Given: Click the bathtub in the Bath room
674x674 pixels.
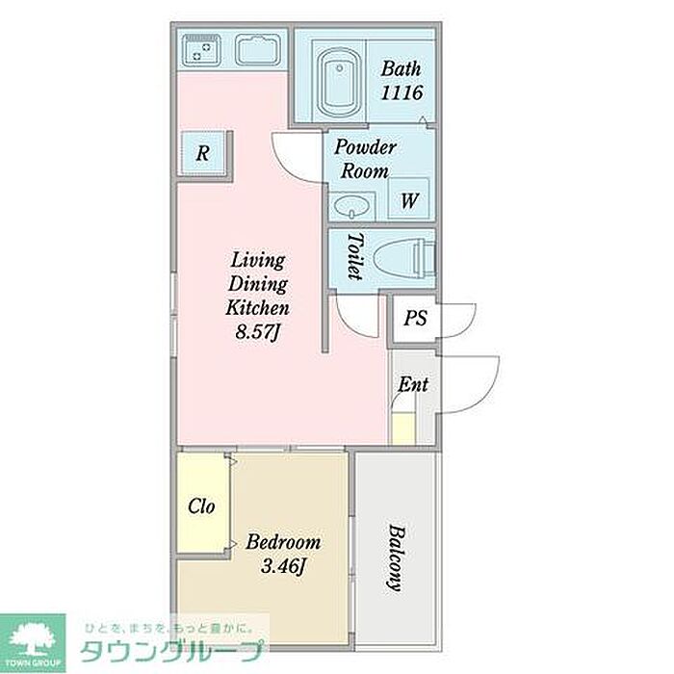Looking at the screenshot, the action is click(x=340, y=83).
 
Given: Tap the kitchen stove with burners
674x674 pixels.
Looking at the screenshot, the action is click(x=201, y=50).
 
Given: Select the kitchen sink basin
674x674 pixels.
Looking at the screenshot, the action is click(x=258, y=50).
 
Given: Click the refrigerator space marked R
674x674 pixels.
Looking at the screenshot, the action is click(x=203, y=153).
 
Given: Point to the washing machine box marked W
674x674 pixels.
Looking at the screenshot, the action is click(x=409, y=198).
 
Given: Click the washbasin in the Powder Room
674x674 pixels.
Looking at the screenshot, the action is click(x=352, y=206).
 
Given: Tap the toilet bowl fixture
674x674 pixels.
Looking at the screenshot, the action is click(x=404, y=259).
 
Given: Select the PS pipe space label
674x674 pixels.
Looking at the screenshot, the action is click(x=415, y=318).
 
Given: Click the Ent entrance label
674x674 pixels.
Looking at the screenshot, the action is click(x=413, y=384).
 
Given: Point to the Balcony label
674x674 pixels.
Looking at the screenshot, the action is click(x=397, y=557).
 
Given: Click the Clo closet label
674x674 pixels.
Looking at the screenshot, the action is click(x=201, y=505).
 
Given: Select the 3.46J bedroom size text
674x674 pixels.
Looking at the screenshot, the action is click(x=283, y=566).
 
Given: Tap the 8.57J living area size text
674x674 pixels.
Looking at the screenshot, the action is click(x=258, y=332).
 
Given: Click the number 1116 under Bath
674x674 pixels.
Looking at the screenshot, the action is click(x=402, y=92).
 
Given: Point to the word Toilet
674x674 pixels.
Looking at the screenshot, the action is click(x=355, y=257).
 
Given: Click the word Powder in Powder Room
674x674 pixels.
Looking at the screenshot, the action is click(x=365, y=147).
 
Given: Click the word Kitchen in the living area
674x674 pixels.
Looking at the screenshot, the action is click(x=257, y=307).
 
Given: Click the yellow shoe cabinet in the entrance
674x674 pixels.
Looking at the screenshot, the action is click(x=403, y=428).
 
